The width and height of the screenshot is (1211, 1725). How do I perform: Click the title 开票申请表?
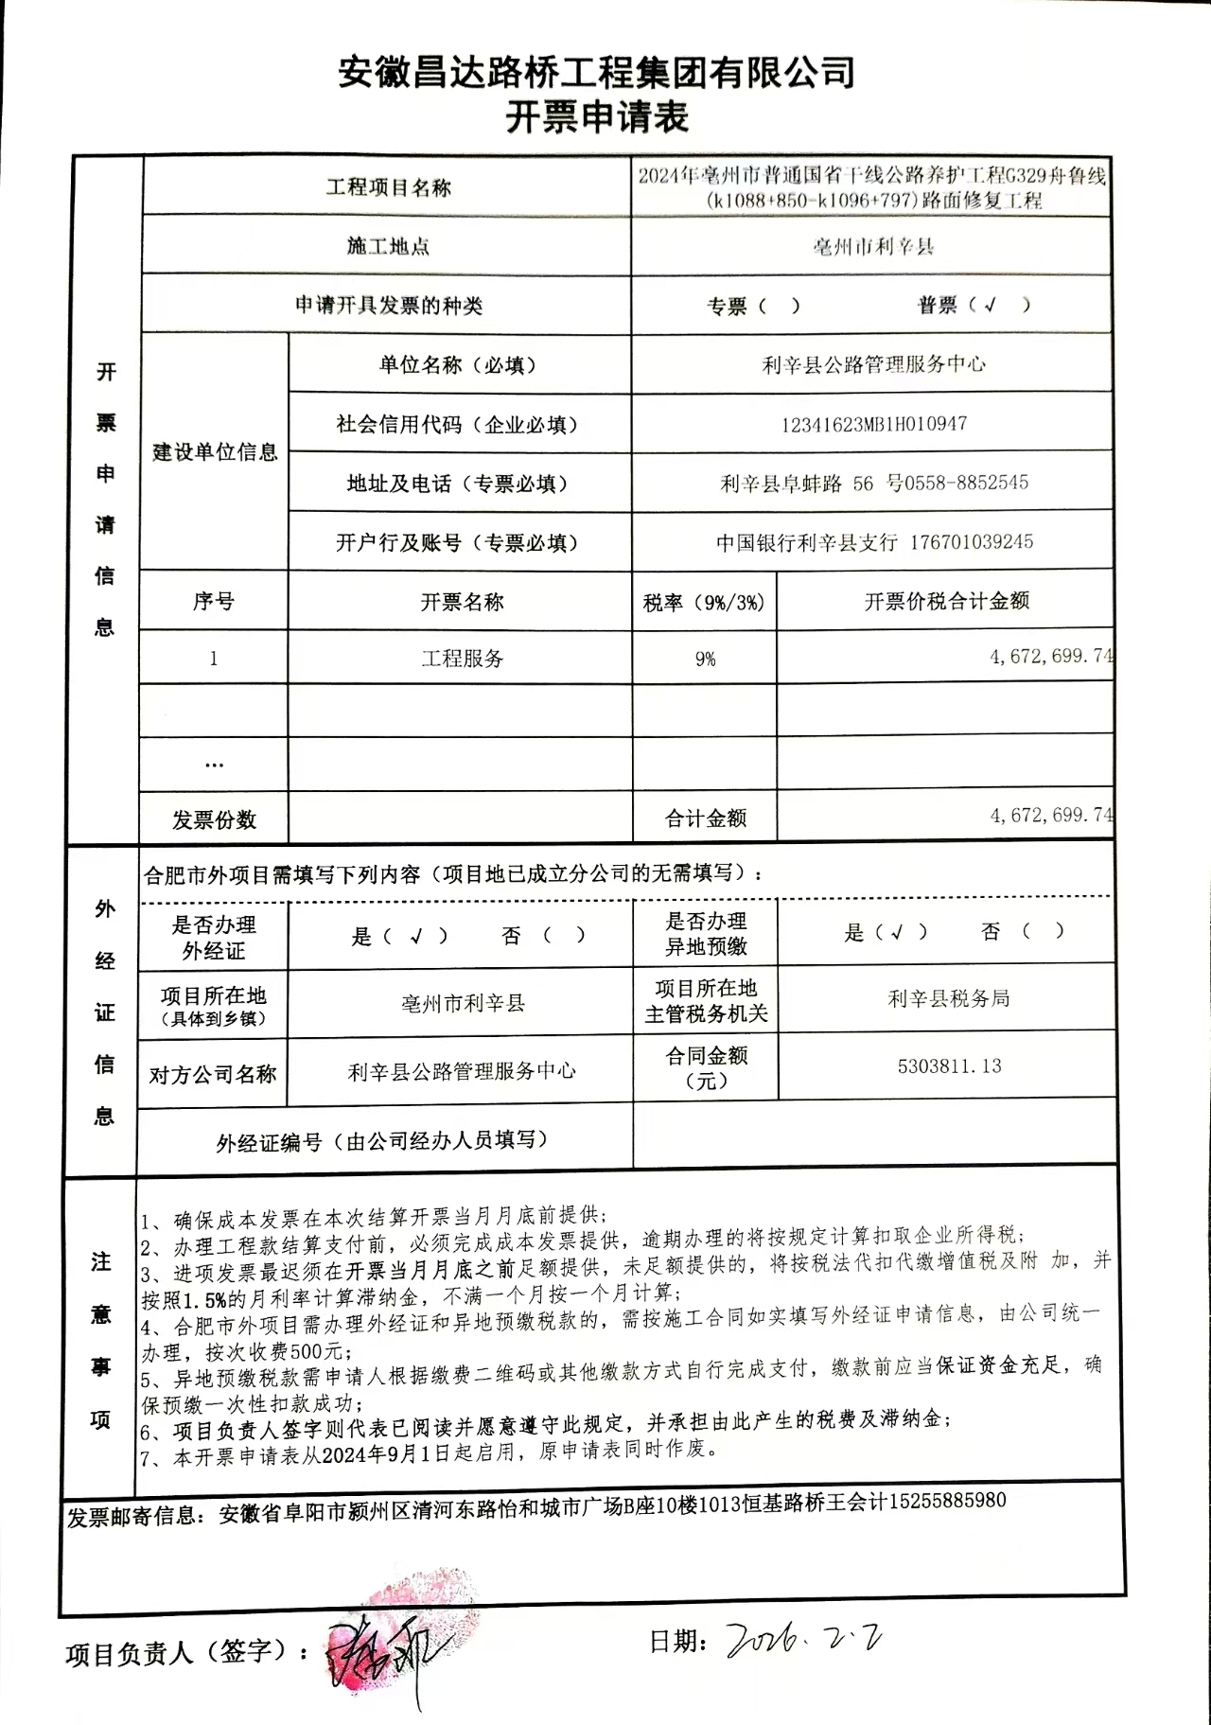[597, 117]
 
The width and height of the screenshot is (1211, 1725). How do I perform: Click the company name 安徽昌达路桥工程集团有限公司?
[597, 72]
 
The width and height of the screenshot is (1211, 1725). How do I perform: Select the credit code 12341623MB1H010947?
[873, 424]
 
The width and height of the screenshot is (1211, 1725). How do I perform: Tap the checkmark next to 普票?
[990, 305]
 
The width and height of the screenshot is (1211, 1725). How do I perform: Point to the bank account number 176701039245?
[972, 542]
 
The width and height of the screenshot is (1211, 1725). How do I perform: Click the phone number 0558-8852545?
[966, 483]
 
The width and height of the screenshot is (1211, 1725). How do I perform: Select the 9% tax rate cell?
[705, 659]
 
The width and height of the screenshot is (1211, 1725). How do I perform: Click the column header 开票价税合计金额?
[946, 601]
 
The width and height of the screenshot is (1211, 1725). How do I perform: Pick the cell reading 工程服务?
[462, 659]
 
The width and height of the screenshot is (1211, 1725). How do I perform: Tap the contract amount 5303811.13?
[949, 1066]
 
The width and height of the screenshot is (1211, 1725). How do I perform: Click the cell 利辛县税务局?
[949, 998]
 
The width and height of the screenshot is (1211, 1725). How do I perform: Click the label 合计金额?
[706, 818]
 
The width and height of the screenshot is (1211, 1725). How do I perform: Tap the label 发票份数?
[214, 819]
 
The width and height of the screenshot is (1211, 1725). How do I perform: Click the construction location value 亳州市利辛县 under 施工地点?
[872, 247]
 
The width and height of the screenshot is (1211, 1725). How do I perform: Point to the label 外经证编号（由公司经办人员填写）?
[382, 1141]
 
